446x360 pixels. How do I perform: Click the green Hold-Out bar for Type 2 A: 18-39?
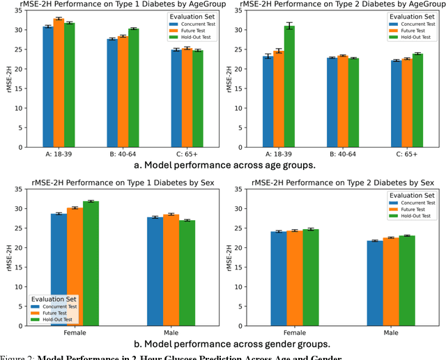tap(289, 86)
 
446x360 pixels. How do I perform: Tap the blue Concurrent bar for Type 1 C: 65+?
tap(176, 98)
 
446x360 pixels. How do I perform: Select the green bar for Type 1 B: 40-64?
tap(133, 88)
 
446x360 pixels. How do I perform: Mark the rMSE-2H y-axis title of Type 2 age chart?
tap(231, 79)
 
